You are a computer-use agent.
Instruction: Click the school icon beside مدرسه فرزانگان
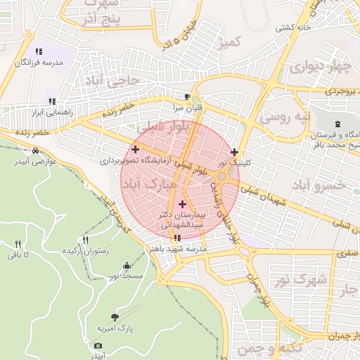[x=39, y=51]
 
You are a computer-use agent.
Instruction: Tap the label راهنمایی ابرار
[x=46, y=112]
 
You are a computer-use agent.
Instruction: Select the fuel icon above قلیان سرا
[x=186, y=97]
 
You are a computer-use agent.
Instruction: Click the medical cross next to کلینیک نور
[x=234, y=152]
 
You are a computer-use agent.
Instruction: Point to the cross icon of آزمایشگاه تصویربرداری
[x=135, y=149]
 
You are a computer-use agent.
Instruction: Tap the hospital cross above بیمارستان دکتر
[x=183, y=204]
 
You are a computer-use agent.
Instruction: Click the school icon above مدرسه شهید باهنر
[x=176, y=238]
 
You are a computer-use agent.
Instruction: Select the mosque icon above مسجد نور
[x=127, y=266]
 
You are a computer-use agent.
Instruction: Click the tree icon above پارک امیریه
[x=115, y=317]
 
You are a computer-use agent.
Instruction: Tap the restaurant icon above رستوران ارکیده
[x=86, y=240]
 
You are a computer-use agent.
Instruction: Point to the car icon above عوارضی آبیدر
[x=35, y=150]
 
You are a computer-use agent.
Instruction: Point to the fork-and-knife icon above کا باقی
[x=18, y=244]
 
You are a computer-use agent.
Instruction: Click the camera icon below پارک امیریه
[x=98, y=345]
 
